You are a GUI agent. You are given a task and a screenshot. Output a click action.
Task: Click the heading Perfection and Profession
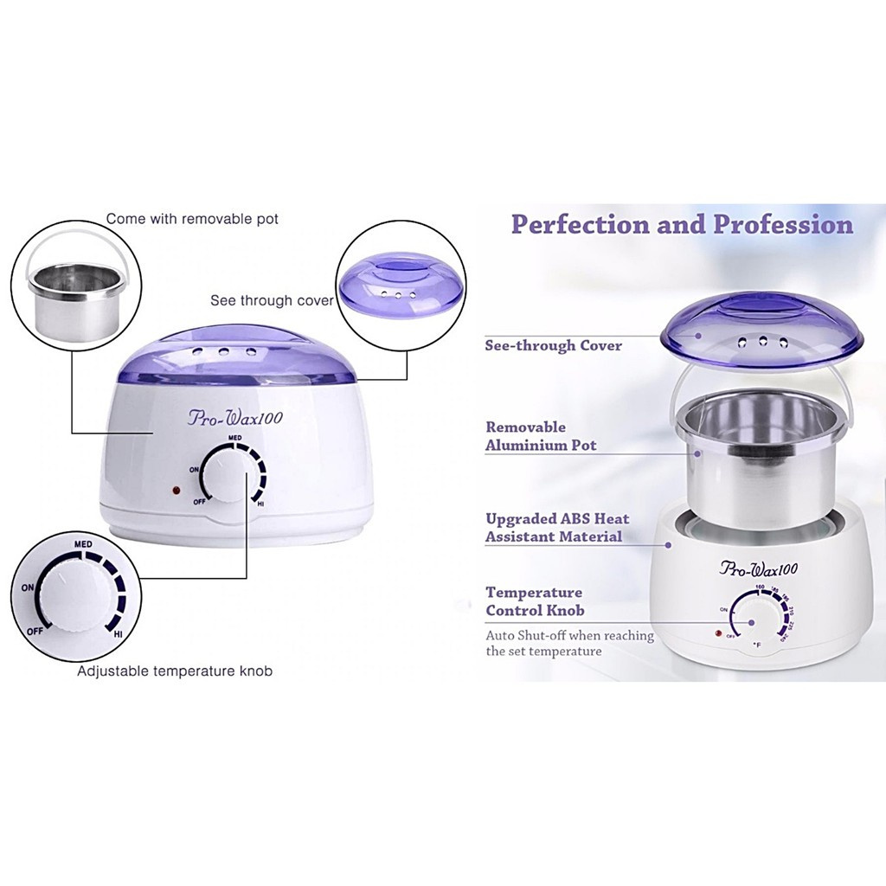pos(681,225)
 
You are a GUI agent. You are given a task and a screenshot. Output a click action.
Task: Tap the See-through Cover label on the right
pos(553,345)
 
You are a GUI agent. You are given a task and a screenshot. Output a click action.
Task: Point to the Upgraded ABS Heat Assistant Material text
pos(557,528)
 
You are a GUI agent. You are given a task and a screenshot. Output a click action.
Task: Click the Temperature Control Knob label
pos(534,601)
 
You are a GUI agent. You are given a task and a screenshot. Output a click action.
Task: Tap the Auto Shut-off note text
pos(569,643)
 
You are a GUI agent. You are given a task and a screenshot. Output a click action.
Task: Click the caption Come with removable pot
pos(192,219)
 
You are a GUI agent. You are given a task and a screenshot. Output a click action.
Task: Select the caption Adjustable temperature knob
pos(175,671)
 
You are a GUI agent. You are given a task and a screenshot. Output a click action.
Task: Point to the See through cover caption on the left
pos(272,301)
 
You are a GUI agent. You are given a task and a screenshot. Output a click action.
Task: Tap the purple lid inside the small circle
pos(389,281)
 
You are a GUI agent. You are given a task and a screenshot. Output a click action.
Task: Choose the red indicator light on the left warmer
pos(176,491)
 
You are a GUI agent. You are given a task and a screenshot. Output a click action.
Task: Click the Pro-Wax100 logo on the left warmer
pos(235,418)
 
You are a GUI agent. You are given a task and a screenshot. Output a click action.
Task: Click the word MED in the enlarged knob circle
pos(83,543)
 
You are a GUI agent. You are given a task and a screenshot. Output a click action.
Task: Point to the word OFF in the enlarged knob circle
pos(35,630)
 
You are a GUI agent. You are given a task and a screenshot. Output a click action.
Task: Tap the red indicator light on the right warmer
pos(717,635)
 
